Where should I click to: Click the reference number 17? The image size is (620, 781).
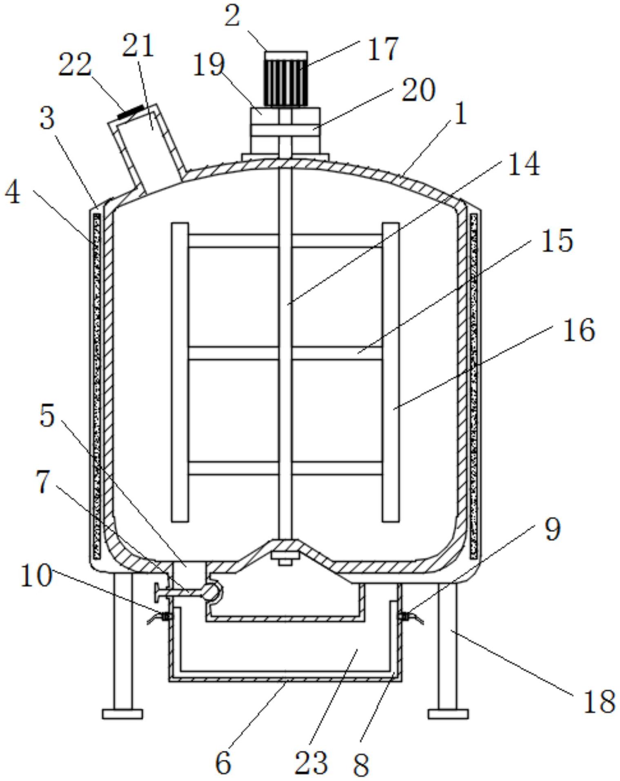pyautogui.click(x=382, y=49)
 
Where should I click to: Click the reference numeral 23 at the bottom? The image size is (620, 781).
pyautogui.click(x=311, y=762)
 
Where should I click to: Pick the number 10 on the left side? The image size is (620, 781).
pyautogui.click(x=36, y=576)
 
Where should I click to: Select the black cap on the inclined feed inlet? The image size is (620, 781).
pyautogui.click(x=130, y=112)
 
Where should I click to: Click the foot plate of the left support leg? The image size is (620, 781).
pyautogui.click(x=122, y=714)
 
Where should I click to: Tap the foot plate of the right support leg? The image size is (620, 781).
pyautogui.click(x=448, y=714)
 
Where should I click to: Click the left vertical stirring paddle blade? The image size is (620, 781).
pyautogui.click(x=180, y=372)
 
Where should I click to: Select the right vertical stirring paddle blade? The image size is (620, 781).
pyautogui.click(x=390, y=372)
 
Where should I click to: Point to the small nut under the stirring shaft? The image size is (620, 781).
pyautogui.click(x=285, y=562)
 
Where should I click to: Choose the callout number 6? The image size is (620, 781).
pyautogui.click(x=223, y=762)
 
